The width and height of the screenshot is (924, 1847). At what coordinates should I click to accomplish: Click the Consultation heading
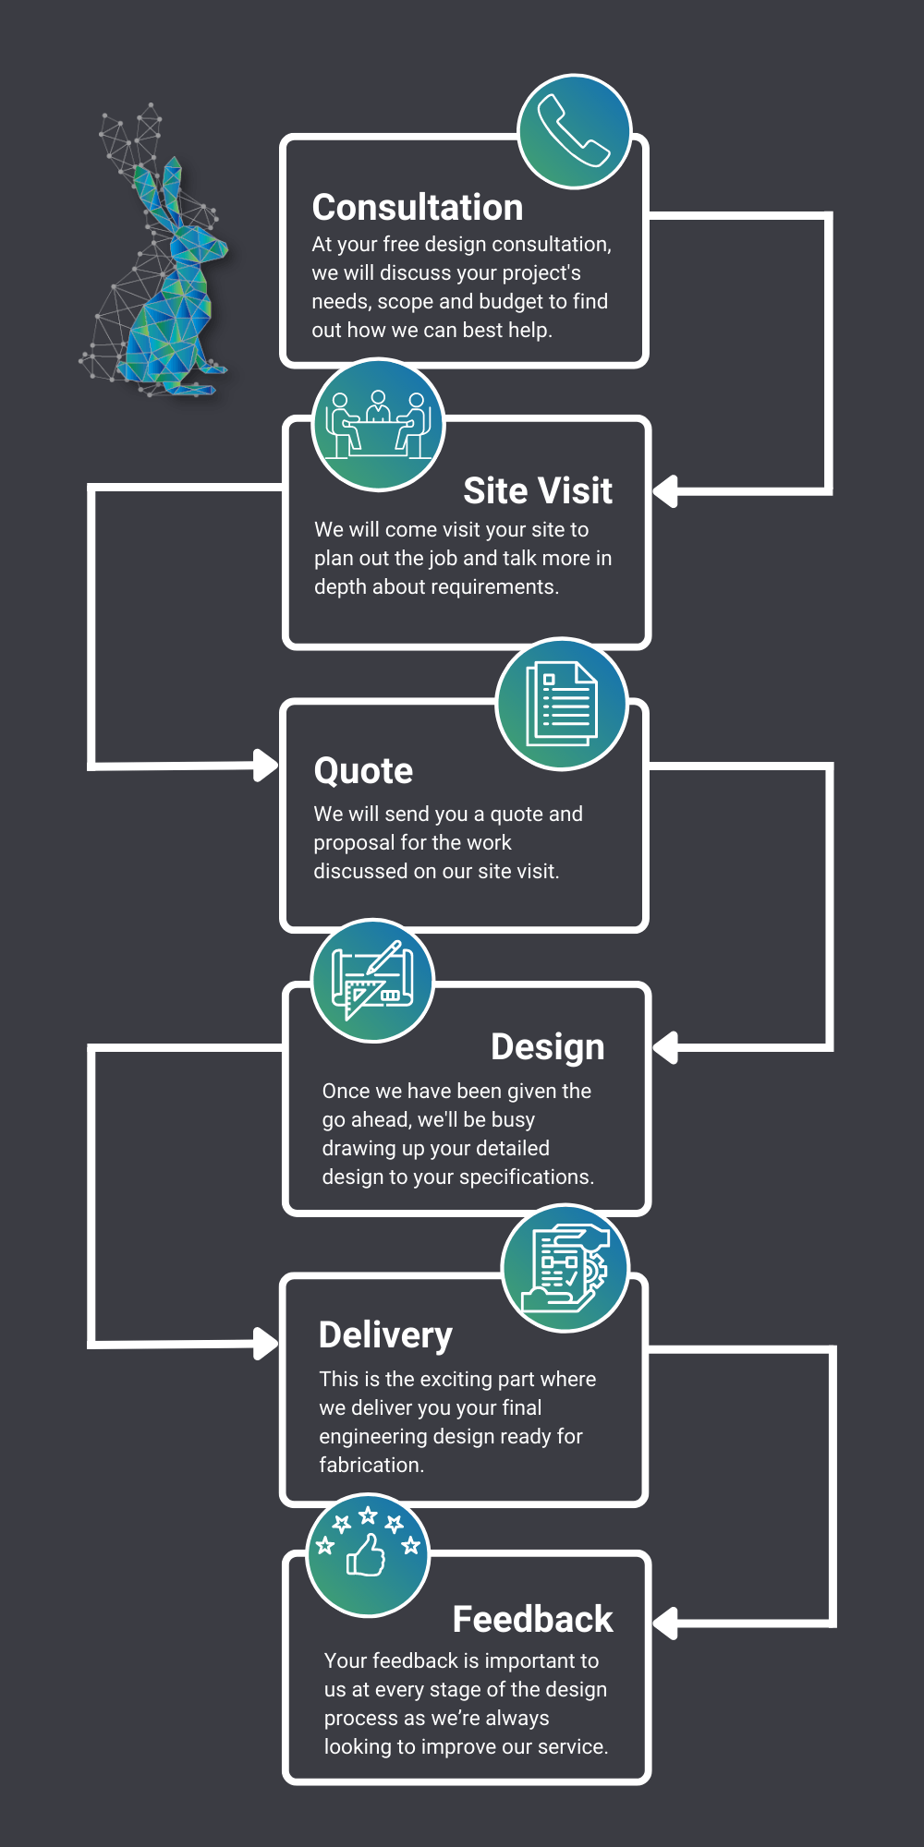click(418, 208)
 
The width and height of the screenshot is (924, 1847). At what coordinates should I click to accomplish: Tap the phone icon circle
click(575, 131)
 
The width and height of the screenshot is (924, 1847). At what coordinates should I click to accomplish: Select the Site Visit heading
click(538, 491)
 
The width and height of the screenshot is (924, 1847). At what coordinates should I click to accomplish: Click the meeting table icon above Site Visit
click(379, 425)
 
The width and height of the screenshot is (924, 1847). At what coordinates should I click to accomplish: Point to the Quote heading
click(363, 771)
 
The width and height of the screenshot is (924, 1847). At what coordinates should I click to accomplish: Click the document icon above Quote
click(562, 704)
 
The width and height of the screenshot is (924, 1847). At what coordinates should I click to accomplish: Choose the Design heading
click(548, 1047)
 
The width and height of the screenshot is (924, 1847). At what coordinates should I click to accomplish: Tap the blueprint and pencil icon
click(372, 981)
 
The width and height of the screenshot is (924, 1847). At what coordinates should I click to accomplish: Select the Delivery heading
click(385, 1335)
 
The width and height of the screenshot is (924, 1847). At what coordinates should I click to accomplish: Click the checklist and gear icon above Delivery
click(565, 1268)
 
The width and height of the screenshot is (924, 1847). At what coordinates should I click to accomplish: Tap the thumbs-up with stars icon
click(368, 1555)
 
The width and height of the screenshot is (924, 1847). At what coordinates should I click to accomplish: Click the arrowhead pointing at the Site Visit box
click(665, 491)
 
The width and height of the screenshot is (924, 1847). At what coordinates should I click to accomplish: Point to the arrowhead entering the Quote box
click(266, 765)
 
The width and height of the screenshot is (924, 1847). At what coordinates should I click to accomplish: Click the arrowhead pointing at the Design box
click(665, 1048)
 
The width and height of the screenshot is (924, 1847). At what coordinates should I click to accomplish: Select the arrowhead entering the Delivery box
click(266, 1344)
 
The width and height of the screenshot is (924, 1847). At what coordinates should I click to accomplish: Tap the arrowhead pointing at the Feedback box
click(665, 1623)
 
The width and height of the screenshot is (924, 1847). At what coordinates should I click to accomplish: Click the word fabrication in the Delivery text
click(370, 1465)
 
